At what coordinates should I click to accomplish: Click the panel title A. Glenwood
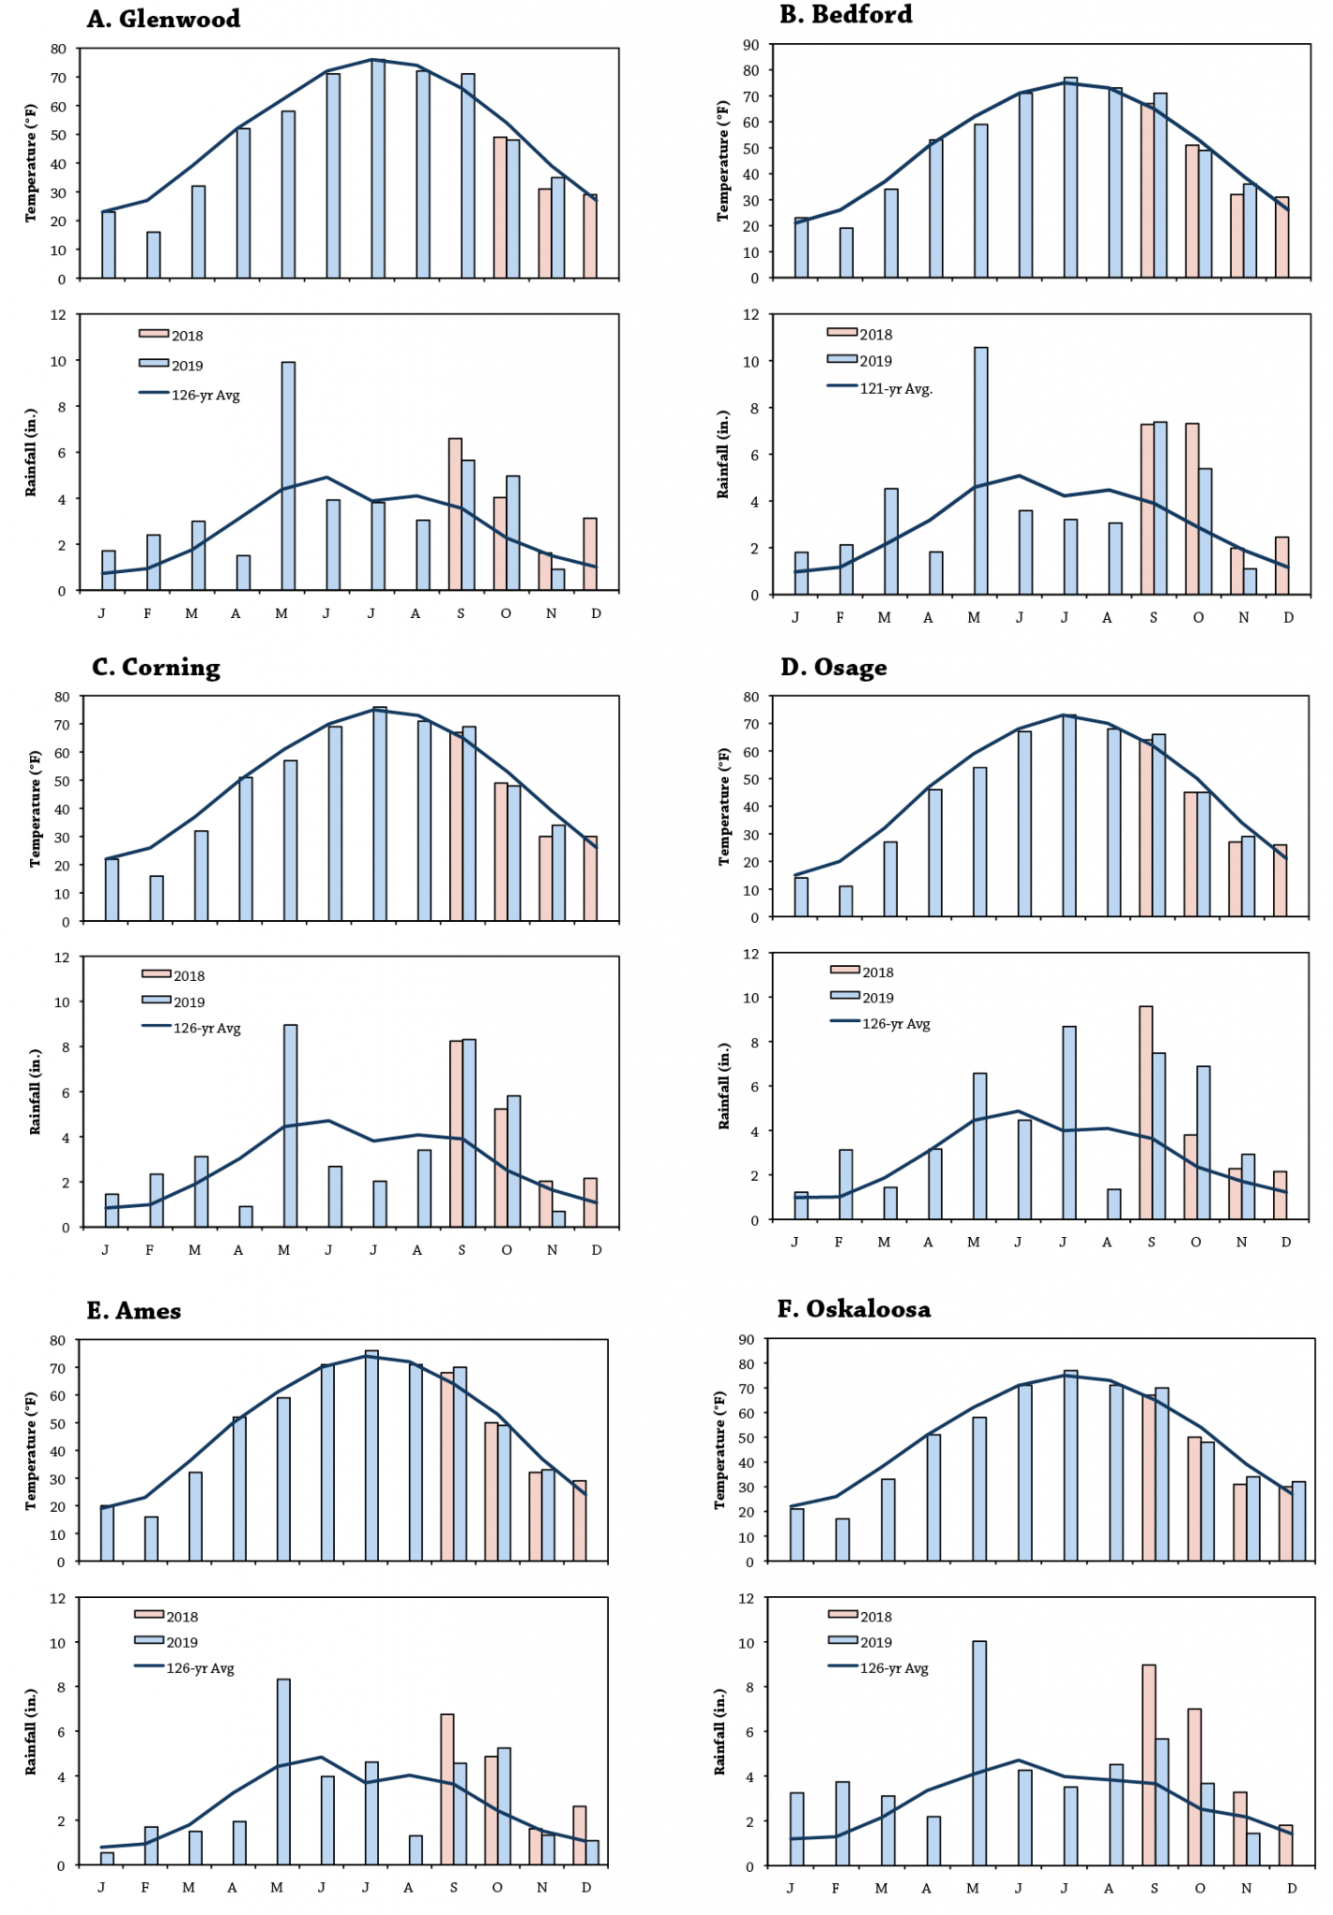164,19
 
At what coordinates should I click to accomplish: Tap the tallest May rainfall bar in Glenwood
288,477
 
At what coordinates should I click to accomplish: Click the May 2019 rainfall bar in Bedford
981,472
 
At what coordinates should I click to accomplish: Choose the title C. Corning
156,668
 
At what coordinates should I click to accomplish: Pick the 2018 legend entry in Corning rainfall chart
188,976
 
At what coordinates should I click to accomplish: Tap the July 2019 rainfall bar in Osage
1069,1123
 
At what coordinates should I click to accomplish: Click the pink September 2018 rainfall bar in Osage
1146,1113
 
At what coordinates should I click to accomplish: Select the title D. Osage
833,668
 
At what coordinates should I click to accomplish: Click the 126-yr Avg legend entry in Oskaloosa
893,1668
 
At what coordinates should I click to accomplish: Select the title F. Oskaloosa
854,1309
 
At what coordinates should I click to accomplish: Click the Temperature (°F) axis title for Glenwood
31,163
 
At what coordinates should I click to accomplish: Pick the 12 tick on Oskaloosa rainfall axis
746,1598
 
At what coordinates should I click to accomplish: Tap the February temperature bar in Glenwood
153,255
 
